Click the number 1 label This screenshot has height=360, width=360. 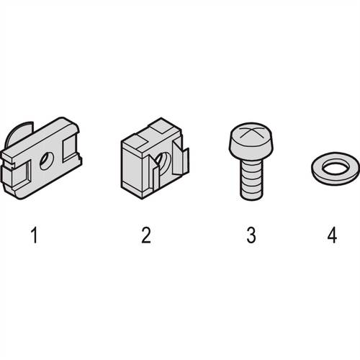pyautogui.click(x=35, y=235)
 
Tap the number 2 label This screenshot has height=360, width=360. pyautogui.click(x=146, y=235)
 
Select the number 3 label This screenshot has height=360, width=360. pyautogui.click(x=251, y=235)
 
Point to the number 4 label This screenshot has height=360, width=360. pyautogui.click(x=333, y=235)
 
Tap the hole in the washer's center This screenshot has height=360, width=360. pyautogui.click(x=335, y=166)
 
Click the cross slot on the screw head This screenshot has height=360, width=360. pyautogui.click(x=251, y=132)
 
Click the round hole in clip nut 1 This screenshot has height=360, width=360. pyautogui.click(x=46, y=161)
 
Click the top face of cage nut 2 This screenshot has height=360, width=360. pyautogui.click(x=151, y=135)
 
